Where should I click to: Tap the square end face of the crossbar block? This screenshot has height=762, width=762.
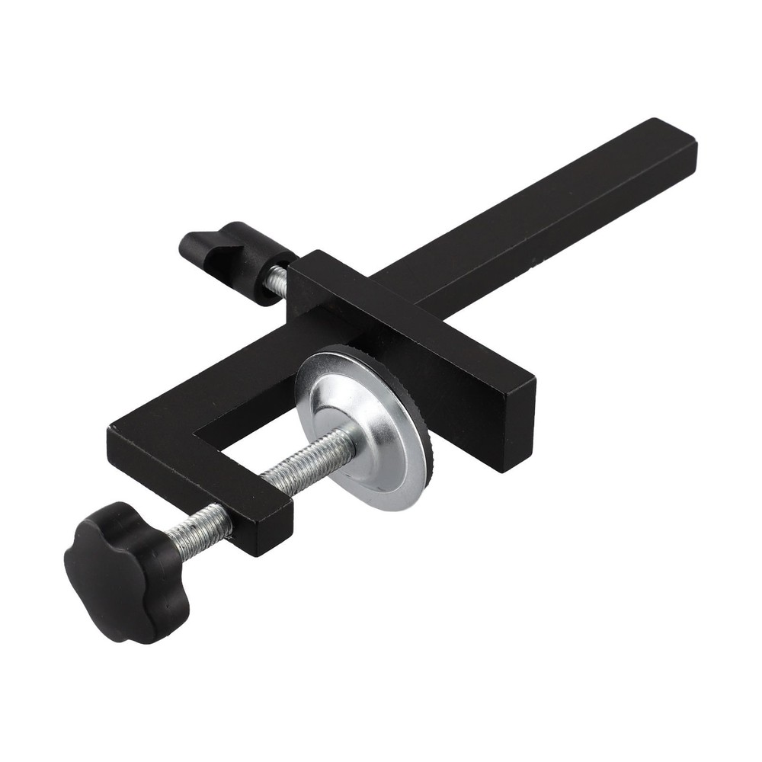coord(511,427)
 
